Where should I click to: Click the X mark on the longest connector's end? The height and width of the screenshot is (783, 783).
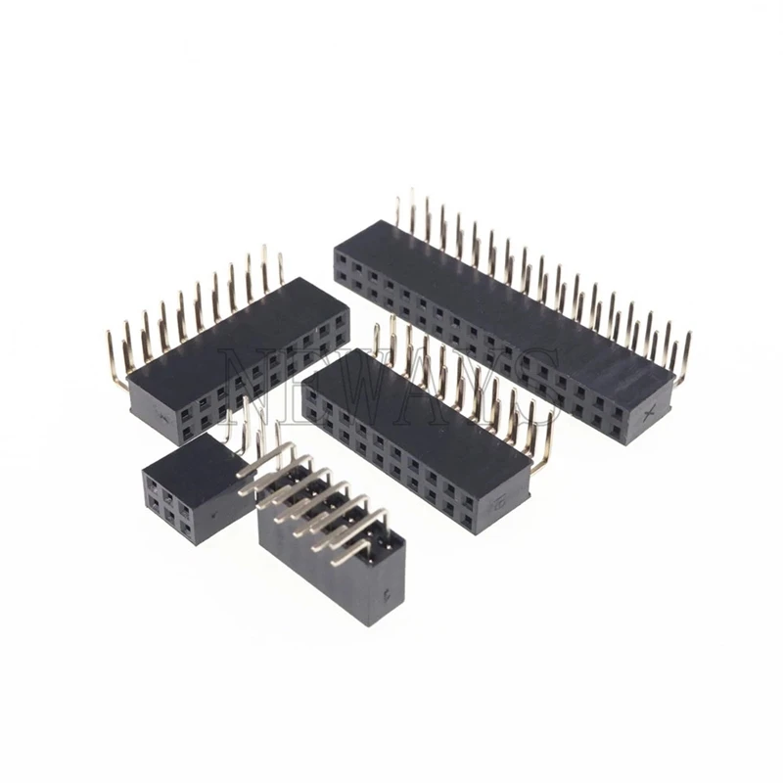(x=647, y=414)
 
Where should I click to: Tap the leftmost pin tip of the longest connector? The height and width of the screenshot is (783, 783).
(x=397, y=202)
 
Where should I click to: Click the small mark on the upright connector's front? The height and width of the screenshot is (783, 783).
(x=392, y=591)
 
